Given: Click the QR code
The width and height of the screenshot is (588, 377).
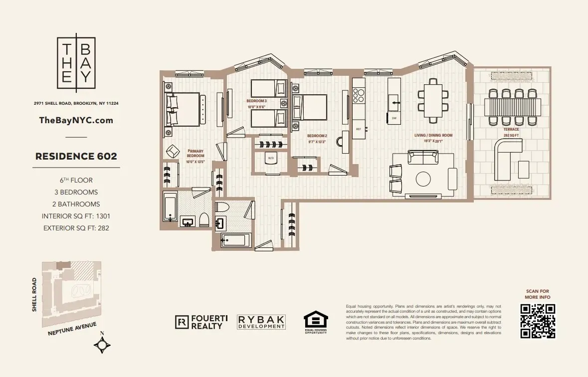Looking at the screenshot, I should (x=538, y=321).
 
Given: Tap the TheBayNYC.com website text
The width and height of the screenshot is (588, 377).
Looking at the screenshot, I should (x=76, y=120).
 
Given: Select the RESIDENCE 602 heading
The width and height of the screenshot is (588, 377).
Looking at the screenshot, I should (x=76, y=156).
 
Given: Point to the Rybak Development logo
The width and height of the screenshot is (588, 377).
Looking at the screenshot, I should (x=261, y=322).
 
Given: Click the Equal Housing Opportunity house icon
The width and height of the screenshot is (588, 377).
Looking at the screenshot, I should (x=316, y=320).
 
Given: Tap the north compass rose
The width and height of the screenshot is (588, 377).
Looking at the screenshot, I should (x=103, y=345).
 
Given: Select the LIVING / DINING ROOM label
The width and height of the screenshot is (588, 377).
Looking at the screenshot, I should (x=433, y=135).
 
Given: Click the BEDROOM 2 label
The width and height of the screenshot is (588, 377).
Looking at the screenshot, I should (x=317, y=136).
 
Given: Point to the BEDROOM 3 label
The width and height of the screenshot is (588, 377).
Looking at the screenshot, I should (x=257, y=101).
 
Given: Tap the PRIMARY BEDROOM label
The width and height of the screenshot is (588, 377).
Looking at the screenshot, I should (x=196, y=153).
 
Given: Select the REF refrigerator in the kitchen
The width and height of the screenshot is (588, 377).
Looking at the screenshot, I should (x=358, y=129).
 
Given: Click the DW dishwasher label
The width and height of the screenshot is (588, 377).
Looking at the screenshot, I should (x=393, y=118).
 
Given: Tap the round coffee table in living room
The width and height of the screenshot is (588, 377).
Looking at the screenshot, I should (x=423, y=179).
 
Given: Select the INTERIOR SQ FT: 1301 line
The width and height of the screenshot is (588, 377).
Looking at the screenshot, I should (x=76, y=216).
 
